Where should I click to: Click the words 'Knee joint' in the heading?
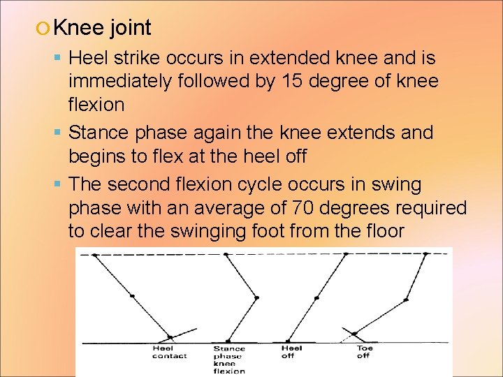(x=102, y=28)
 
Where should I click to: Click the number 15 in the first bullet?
(x=289, y=81)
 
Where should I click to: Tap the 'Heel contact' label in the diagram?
(x=169, y=352)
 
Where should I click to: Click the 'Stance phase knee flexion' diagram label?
(x=229, y=360)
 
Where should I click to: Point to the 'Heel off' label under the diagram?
(x=291, y=352)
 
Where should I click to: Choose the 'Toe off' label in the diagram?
(x=364, y=352)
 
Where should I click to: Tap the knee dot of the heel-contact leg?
(x=132, y=296)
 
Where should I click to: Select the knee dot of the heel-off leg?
(x=316, y=298)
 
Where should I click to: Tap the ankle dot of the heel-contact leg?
(x=169, y=336)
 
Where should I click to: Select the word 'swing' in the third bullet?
(x=396, y=185)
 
